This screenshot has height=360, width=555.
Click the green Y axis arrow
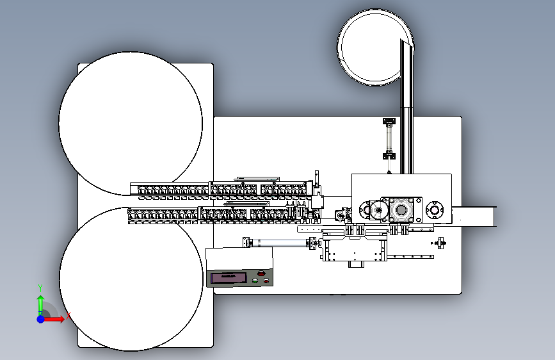[40, 302]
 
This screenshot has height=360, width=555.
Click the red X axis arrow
[56, 318]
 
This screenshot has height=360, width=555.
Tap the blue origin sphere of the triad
[40, 318]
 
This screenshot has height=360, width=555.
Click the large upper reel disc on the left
[131, 124]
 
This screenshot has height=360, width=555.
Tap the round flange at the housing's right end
[435, 209]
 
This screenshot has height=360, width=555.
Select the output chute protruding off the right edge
[478, 216]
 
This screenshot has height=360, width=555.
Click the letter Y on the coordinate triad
[40, 287]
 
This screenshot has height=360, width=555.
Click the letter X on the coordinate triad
[68, 315]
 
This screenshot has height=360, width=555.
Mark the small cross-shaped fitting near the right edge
[441, 242]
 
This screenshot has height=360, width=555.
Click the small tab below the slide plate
[354, 263]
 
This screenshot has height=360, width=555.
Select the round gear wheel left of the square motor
[376, 210]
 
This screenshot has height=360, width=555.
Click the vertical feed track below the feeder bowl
[406, 109]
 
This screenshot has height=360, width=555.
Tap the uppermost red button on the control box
[261, 274]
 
